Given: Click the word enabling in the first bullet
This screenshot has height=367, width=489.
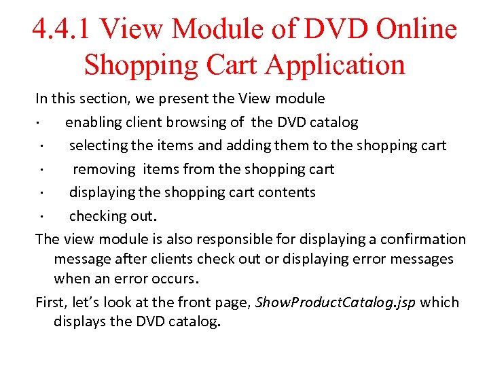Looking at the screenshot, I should coord(92,122).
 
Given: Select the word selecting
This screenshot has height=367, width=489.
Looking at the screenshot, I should coord(98,145).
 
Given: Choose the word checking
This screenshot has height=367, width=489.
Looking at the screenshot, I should coord(96,216).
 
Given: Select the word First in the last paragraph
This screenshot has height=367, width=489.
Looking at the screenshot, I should coord(50,302).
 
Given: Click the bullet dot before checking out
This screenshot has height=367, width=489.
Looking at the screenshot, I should coord(41,217).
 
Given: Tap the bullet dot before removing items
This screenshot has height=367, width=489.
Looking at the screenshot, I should coord(41,170).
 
